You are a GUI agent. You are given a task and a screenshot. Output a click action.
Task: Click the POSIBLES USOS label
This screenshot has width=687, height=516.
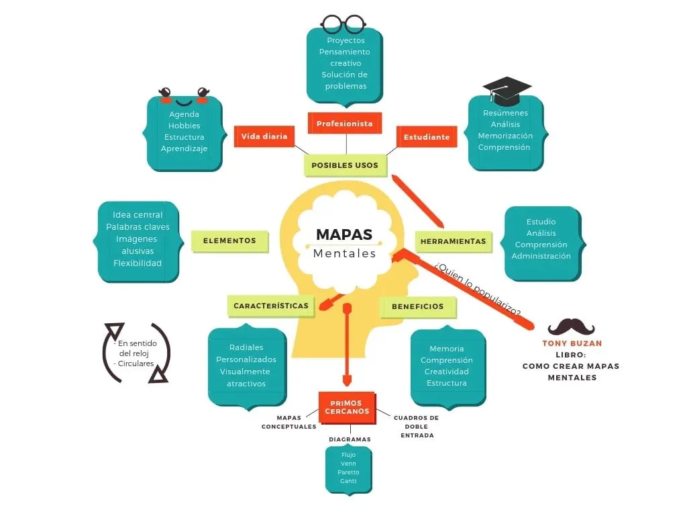coord(345,165)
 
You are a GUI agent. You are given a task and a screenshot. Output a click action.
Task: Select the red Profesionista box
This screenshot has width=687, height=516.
coord(344,124)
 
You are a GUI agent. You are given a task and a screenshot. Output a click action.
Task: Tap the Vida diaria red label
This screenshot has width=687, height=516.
coord(264,136)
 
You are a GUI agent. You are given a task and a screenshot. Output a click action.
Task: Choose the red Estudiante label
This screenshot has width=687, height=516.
coord(426,137)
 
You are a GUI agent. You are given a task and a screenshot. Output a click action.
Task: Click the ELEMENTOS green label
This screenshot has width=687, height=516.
coord(229,241)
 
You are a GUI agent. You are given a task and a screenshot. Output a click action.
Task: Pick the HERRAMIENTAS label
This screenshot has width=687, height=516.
coord(453,241)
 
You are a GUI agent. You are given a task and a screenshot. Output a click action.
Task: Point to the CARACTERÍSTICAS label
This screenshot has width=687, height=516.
coord(271,306)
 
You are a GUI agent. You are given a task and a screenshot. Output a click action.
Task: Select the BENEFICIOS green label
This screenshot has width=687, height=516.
coord(418,306)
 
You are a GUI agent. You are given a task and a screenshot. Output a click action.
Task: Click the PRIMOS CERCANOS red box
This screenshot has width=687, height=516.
coord(346,407)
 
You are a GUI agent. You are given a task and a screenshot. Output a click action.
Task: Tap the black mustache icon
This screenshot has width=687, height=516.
coord(571,327)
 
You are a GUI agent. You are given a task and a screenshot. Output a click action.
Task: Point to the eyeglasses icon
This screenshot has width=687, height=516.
coord(343,24)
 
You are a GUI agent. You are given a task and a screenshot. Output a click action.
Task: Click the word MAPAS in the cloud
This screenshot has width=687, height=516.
coord(344,234)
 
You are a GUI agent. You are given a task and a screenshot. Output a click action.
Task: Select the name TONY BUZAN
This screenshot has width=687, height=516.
coord(572,343)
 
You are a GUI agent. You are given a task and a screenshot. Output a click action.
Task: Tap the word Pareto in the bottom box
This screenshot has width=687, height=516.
coord(348,472)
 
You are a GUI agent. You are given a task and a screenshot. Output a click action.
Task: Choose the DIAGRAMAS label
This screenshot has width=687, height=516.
coord(350,439)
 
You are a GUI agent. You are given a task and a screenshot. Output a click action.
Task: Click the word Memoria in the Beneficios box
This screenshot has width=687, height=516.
coord(446,349)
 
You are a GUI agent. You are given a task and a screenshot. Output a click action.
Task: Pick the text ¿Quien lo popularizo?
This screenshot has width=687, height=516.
coord(477,290)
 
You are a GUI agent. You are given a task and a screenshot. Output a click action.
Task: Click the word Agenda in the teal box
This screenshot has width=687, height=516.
coord(184,114)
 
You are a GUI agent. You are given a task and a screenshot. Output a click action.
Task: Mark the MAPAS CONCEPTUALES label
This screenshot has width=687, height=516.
coord(288,422)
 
